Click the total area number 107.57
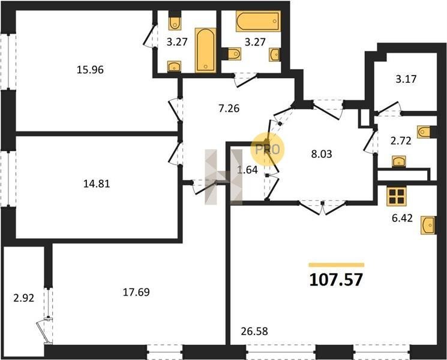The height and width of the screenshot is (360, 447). [x=336, y=280]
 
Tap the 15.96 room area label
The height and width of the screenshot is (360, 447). [x=90, y=70]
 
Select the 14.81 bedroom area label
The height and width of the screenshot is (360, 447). [x=97, y=184]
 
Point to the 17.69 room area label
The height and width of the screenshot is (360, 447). [x=136, y=292]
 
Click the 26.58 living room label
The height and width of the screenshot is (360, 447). [x=254, y=331]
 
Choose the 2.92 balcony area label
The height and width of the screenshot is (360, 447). [x=23, y=298]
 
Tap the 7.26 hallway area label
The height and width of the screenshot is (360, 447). [x=229, y=109]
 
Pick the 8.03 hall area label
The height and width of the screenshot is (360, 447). [x=322, y=154]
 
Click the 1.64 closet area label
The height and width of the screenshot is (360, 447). [x=247, y=170]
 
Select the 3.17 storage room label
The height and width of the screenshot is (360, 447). [x=406, y=79]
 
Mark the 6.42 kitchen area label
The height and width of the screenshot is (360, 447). [x=402, y=218]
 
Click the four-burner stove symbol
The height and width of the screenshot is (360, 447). [x=396, y=196]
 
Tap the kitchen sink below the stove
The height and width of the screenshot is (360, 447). [x=428, y=225]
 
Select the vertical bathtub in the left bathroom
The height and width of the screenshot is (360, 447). [x=206, y=50]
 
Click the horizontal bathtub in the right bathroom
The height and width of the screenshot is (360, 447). [x=258, y=21]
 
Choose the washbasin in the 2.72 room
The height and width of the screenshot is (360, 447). [x=399, y=161]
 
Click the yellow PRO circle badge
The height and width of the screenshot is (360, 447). [x=268, y=149]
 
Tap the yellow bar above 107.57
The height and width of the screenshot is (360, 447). [x=337, y=265]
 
